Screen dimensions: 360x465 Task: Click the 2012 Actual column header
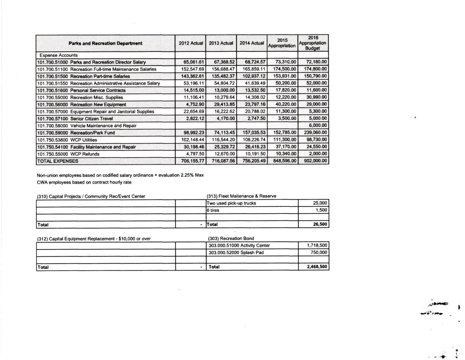point(190,43)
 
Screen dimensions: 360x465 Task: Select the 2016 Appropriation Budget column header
point(313,43)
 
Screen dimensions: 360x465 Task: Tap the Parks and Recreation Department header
point(105,43)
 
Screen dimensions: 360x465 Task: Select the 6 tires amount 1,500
point(321,210)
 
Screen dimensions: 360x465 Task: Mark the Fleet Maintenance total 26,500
point(319,225)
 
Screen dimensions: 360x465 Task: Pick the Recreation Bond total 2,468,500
point(316,267)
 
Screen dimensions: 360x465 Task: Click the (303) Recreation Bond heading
point(228,238)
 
